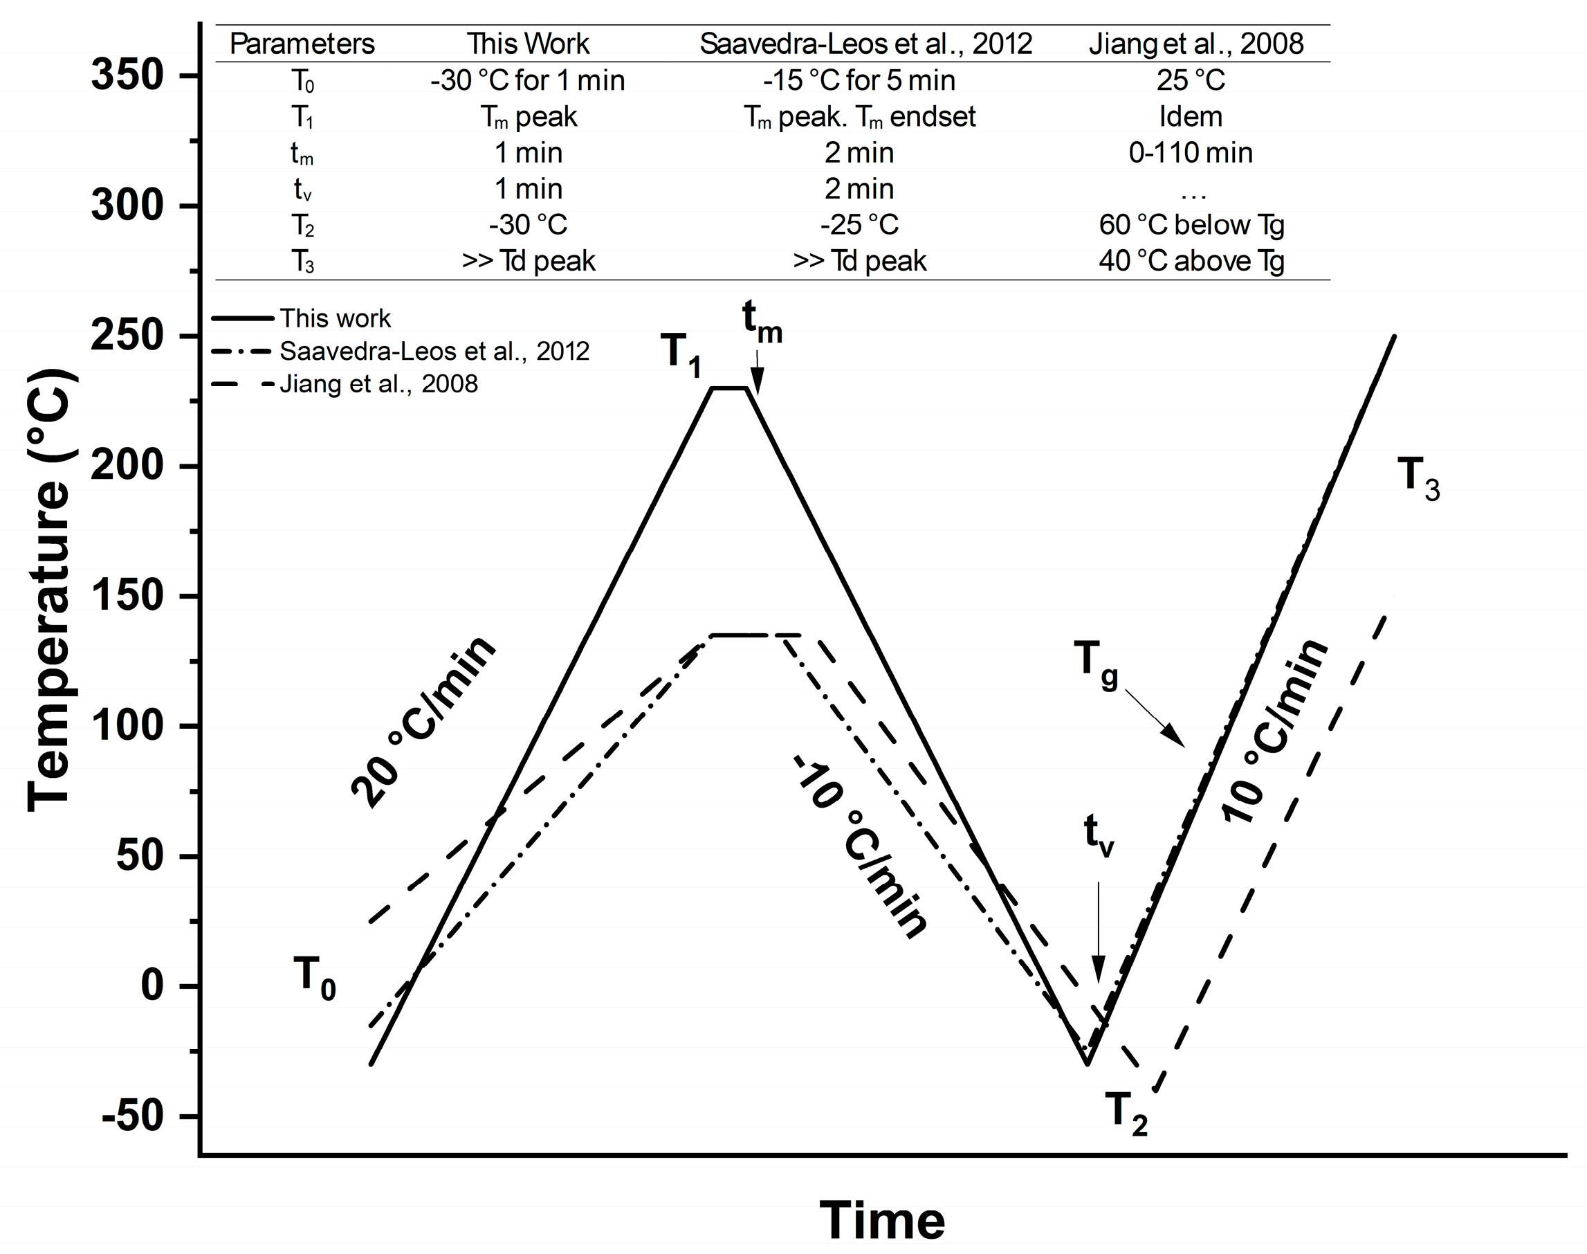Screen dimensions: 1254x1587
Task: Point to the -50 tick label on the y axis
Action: pyautogui.click(x=132, y=1117)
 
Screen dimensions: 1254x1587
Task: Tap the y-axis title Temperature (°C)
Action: pyautogui.click(x=48, y=591)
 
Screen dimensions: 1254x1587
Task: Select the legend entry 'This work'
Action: pyautogui.click(x=335, y=318)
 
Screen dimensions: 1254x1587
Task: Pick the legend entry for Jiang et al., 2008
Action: pyautogui.click(x=378, y=384)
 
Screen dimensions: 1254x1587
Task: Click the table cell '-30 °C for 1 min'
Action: pyautogui.click(x=528, y=80)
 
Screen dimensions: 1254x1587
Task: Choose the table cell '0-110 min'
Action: pyautogui.click(x=1191, y=153)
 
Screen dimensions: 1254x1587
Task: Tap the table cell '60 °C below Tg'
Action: pyautogui.click(x=1191, y=225)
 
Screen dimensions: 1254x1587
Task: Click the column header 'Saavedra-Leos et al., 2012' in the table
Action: pyautogui.click(x=865, y=44)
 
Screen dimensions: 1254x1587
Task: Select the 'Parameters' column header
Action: pyautogui.click(x=302, y=44)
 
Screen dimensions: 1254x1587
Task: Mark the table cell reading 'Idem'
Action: pyautogui.click(x=1191, y=117)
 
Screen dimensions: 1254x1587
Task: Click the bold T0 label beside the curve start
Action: pyautogui.click(x=314, y=979)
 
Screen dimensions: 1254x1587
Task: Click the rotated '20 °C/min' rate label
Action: pyautogui.click(x=423, y=722)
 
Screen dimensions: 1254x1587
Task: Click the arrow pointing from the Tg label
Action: pyautogui.click(x=1155, y=718)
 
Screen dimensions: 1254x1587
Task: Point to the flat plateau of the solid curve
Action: pyautogui.click(x=729, y=388)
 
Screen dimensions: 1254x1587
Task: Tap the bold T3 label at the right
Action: pyautogui.click(x=1418, y=478)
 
